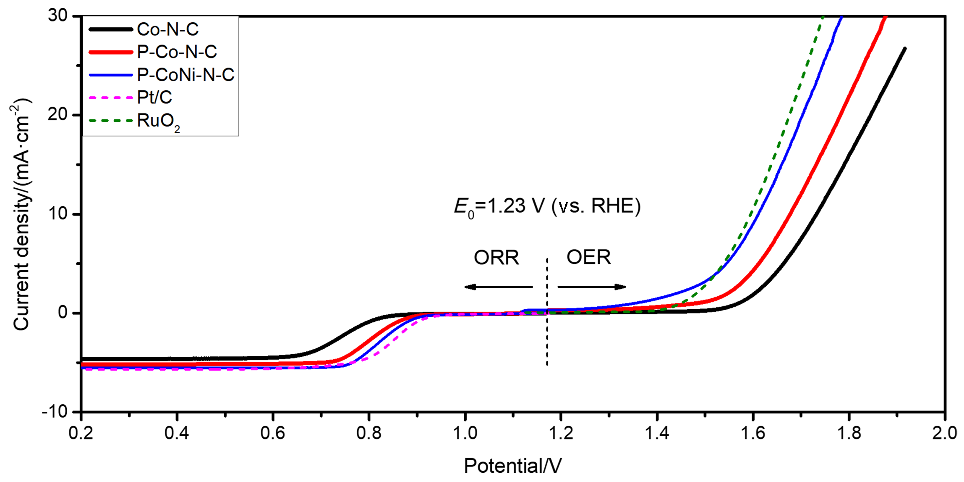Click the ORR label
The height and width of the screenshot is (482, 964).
pos(496,257)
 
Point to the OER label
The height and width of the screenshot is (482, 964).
pos(589,257)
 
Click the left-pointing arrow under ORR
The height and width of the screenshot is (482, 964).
pos(498,287)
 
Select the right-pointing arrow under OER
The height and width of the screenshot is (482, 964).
pos(592,287)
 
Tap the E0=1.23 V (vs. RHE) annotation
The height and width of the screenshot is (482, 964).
pos(548,206)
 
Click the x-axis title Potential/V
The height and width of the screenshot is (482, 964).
pos(512,466)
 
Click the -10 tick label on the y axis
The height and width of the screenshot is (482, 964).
pos(55,411)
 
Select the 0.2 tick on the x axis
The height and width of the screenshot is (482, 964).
pos(81,433)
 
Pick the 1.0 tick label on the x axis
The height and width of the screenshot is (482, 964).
pos(465,433)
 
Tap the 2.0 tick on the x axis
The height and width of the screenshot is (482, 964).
pos(945,433)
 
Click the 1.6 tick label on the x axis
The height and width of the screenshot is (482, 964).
pos(753,433)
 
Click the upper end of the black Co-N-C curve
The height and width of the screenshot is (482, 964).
pos(905,49)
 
